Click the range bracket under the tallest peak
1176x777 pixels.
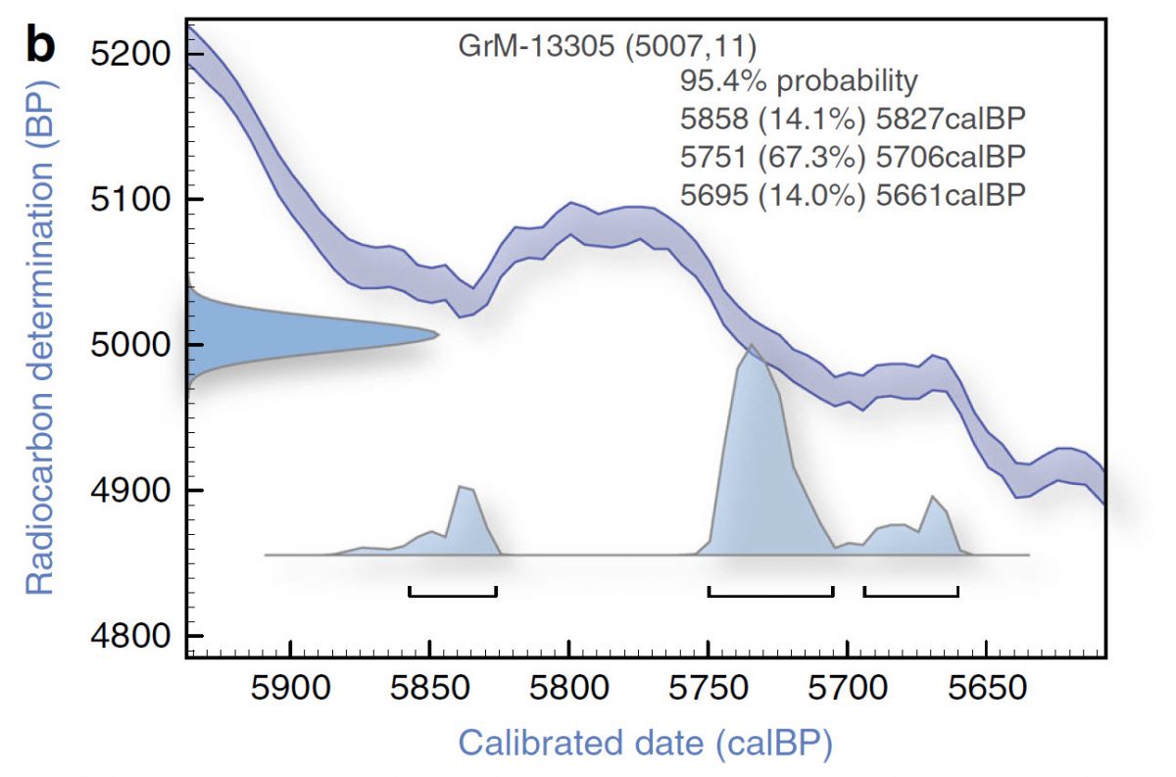click(770, 593)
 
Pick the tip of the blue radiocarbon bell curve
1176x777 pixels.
click(436, 335)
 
